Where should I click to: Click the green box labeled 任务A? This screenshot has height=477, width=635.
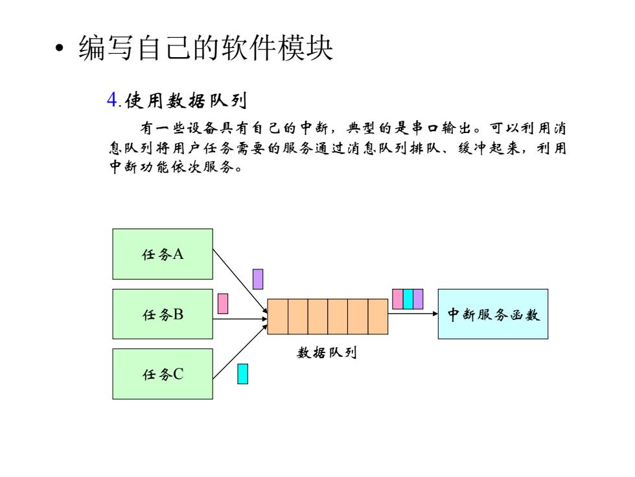pos(163,254)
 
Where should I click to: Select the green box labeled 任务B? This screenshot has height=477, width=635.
pos(163,314)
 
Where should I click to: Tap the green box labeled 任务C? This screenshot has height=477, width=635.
pos(163,374)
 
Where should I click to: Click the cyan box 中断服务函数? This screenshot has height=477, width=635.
pos(493,314)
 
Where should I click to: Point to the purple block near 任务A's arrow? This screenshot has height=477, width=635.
pos(258,279)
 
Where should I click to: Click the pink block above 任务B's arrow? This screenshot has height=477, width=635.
pos(223,304)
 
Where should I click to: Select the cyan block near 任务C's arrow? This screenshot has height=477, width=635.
pos(242,374)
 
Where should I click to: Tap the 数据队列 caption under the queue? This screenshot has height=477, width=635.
pos(327,352)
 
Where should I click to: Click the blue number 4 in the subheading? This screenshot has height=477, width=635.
pos(111,100)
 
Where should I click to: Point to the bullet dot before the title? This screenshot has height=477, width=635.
pos(60,48)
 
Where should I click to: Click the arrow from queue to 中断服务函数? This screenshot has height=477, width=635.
pos(413,313)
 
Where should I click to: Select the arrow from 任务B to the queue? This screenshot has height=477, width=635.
pos(240,319)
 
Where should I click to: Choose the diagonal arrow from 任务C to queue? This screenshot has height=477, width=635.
pos(240,352)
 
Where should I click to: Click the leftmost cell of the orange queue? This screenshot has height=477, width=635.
pos(278,317)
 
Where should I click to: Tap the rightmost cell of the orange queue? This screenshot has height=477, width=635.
pos(378,317)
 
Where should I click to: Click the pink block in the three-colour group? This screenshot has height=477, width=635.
pos(398,299)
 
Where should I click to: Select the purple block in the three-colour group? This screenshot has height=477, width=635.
pos(418,299)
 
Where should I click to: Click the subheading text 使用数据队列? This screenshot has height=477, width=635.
pos(186,101)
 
